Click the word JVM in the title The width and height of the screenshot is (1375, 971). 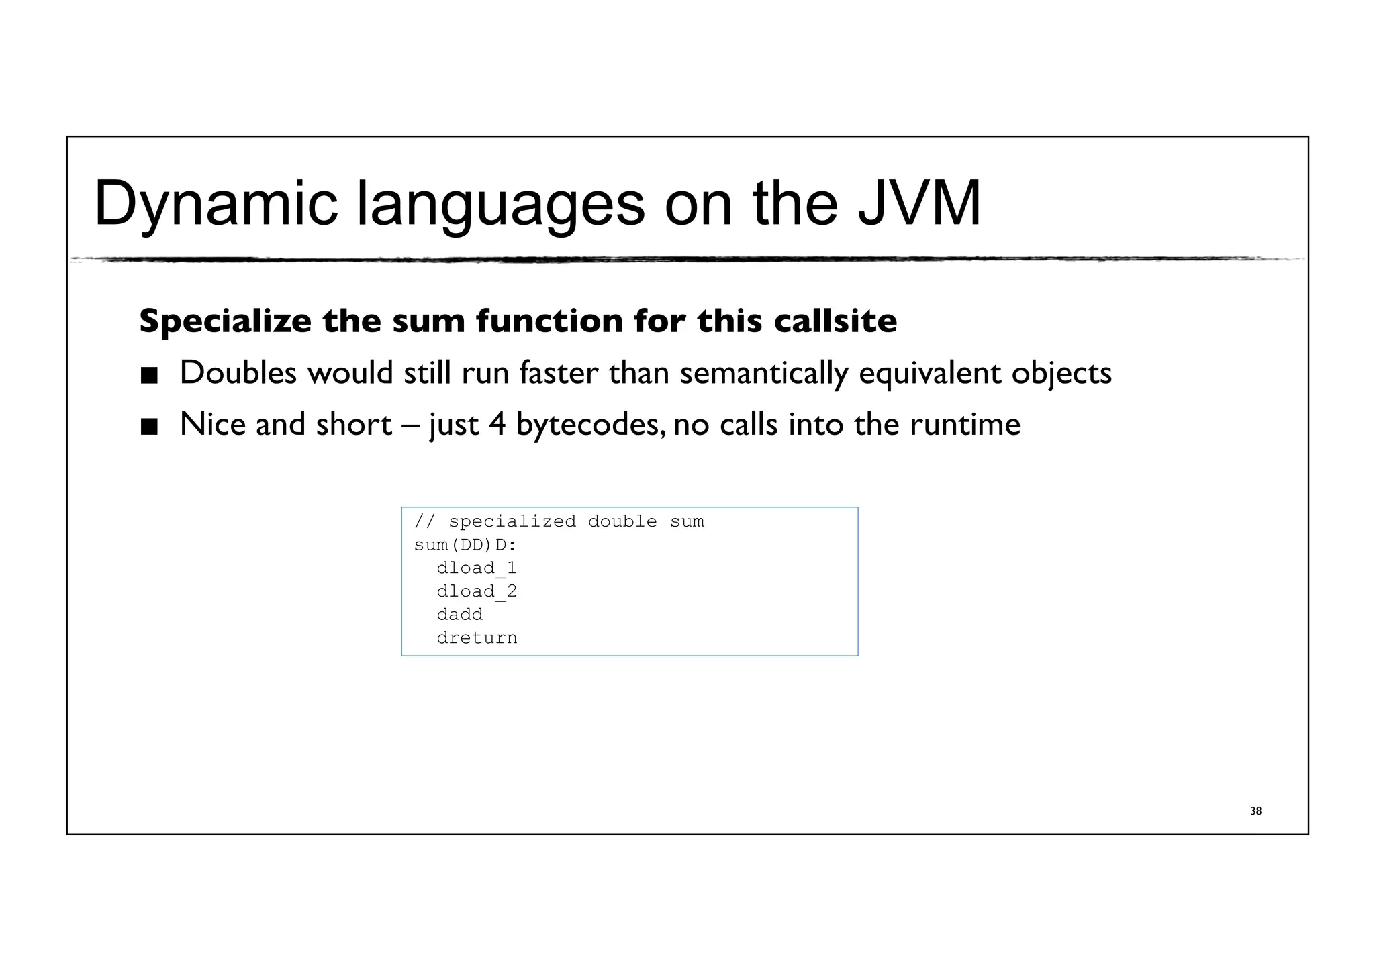pos(919,203)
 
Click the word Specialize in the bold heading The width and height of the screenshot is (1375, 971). pos(225,321)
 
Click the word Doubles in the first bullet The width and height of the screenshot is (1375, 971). pos(238,372)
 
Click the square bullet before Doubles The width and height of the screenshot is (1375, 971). pos(149,375)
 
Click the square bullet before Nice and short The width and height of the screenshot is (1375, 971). pos(149,427)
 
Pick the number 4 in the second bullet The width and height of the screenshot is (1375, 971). pos(497,425)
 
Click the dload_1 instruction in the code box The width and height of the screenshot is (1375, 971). pos(476,568)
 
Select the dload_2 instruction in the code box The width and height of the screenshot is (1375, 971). pos(476,592)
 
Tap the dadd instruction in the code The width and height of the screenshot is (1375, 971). pos(459,615)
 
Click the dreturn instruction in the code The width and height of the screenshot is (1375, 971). pos(477,638)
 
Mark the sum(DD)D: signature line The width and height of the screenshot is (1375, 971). pos(465,545)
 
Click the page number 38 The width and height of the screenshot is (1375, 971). pos(1255,811)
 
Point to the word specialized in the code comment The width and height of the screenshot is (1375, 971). pos(512,521)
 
